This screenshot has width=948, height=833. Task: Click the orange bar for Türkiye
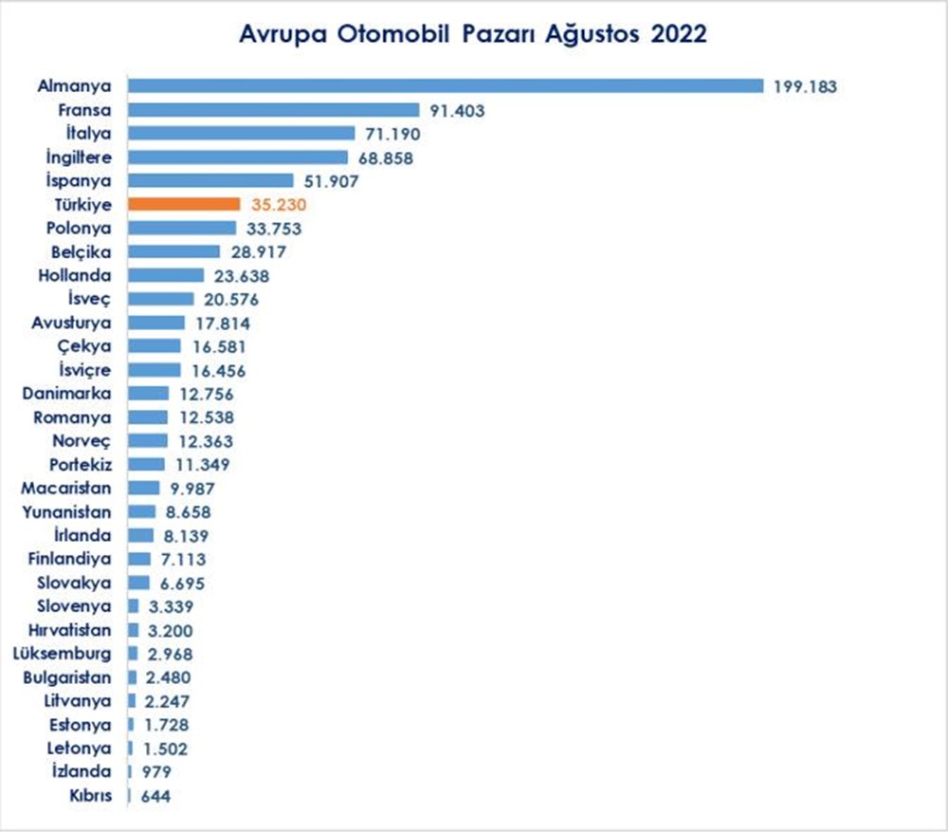click(184, 204)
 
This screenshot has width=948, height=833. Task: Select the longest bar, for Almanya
click(446, 85)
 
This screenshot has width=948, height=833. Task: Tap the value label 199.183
click(805, 86)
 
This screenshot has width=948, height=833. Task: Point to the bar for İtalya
click(241, 133)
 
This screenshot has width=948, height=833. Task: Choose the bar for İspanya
click(210, 180)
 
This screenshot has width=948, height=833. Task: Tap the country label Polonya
click(79, 228)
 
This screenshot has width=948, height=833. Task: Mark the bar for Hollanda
click(166, 275)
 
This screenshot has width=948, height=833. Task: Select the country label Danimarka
click(69, 393)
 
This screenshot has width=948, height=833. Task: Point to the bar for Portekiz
click(146, 464)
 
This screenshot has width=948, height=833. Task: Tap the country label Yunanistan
click(66, 511)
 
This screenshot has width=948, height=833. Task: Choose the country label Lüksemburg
click(63, 653)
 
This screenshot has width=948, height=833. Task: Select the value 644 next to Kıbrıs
click(155, 795)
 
